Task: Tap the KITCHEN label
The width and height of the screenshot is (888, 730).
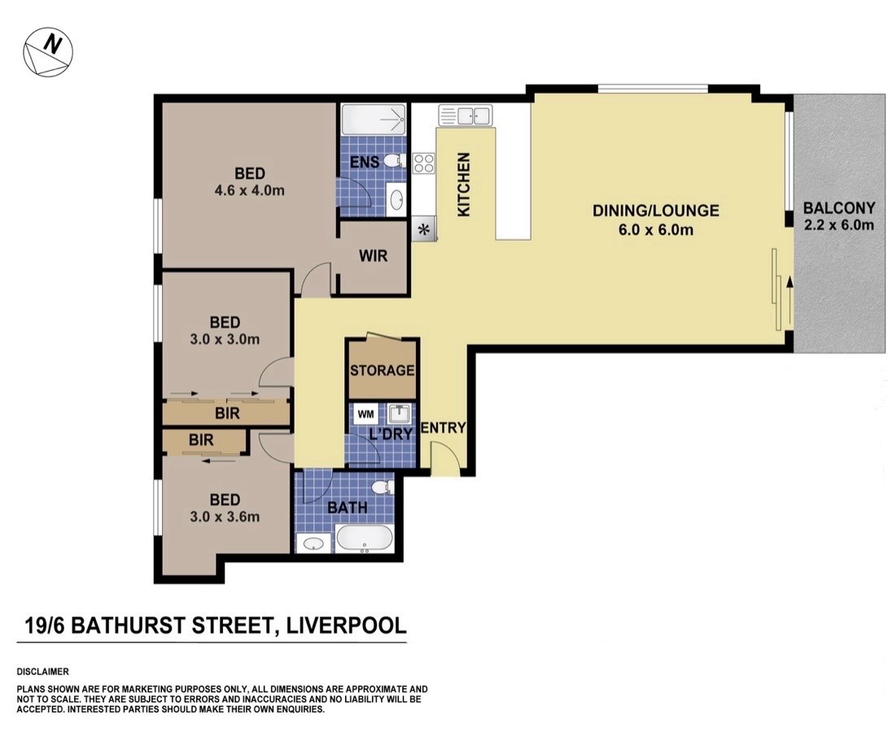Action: pyautogui.click(x=463, y=184)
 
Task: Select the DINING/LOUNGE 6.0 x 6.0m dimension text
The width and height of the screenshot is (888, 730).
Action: pyautogui.click(x=655, y=230)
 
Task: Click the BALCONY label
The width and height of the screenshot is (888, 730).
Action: pyautogui.click(x=838, y=208)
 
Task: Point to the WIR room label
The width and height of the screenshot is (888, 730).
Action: pyautogui.click(x=374, y=256)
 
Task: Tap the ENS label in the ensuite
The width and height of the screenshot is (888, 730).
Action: pyautogui.click(x=365, y=162)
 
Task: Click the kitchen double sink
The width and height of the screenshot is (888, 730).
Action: pyautogui.click(x=466, y=116)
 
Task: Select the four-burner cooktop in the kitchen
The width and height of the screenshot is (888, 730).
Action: pyautogui.click(x=423, y=164)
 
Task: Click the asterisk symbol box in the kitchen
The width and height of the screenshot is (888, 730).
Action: pyautogui.click(x=423, y=230)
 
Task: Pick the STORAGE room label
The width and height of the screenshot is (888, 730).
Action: pyautogui.click(x=383, y=370)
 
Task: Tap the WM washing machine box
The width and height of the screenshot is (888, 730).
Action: pyautogui.click(x=365, y=414)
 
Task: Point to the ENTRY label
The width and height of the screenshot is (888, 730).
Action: pyautogui.click(x=444, y=427)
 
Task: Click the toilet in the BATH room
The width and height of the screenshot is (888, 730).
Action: pyautogui.click(x=384, y=487)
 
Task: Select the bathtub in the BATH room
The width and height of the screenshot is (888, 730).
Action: pyautogui.click(x=364, y=538)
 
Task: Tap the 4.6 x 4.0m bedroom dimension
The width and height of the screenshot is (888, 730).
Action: pyautogui.click(x=249, y=190)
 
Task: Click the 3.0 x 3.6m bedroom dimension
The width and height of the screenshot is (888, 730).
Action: pyautogui.click(x=225, y=517)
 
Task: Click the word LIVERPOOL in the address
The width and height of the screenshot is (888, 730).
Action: pyautogui.click(x=347, y=626)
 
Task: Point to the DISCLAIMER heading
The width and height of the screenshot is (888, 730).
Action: pyautogui.click(x=43, y=671)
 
